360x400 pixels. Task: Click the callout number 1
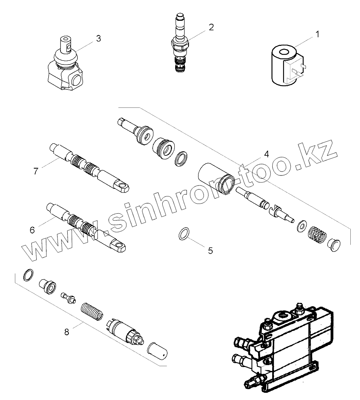(317, 34)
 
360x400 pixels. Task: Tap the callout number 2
(211, 27)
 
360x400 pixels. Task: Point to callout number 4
(266, 154)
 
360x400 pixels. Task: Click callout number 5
(210, 251)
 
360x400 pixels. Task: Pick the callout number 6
(33, 230)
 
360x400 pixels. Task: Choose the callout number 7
(36, 171)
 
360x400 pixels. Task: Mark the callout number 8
(67, 332)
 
